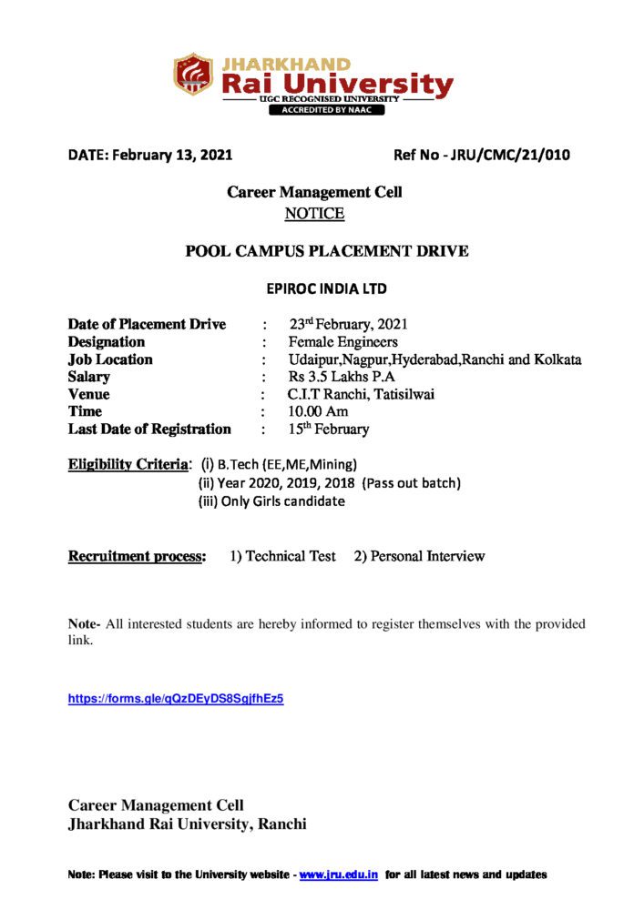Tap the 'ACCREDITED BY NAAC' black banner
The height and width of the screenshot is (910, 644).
pyautogui.click(x=326, y=110)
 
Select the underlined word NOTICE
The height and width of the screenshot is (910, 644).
pyautogui.click(x=314, y=214)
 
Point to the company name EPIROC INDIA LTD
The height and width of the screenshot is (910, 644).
pyautogui.click(x=326, y=289)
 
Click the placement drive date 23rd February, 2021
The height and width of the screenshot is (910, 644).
pyautogui.click(x=349, y=325)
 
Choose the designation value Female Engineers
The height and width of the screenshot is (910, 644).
pyautogui.click(x=342, y=342)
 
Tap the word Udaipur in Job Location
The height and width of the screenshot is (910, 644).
pyautogui.click(x=313, y=359)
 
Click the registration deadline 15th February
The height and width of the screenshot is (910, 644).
pyautogui.click(x=329, y=429)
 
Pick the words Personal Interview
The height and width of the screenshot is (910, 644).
pyautogui.click(x=427, y=556)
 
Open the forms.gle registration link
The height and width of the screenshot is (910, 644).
pyautogui.click(x=176, y=699)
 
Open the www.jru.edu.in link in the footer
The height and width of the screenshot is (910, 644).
pyautogui.click(x=339, y=875)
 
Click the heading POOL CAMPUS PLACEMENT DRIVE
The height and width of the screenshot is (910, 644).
pyautogui.click(x=327, y=251)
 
